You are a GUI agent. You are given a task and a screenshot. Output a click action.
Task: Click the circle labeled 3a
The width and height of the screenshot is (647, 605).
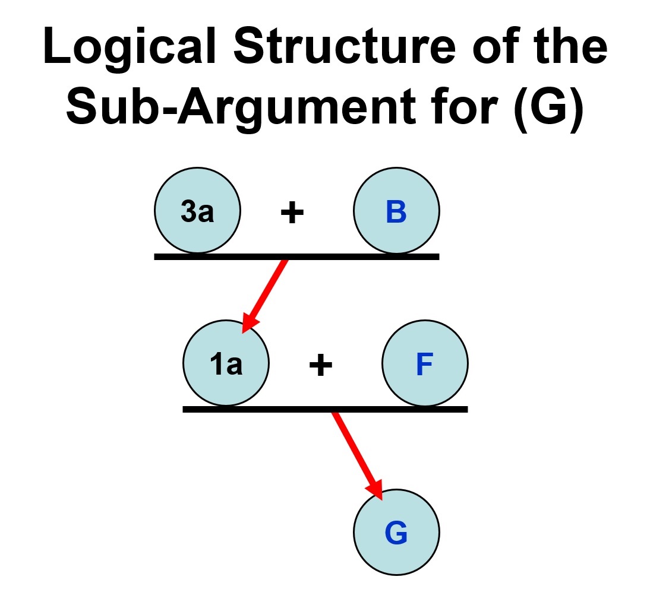(x=197, y=211)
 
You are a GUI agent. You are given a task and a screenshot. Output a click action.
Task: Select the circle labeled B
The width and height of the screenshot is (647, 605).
(x=396, y=211)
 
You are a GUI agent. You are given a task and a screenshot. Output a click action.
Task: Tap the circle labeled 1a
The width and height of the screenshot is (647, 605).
(x=226, y=363)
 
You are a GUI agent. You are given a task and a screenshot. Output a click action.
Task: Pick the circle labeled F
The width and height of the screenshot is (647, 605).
(x=425, y=363)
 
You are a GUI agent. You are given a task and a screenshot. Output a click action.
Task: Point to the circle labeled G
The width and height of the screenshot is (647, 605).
(x=396, y=532)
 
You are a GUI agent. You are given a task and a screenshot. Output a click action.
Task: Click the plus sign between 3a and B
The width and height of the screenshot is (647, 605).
(x=292, y=213)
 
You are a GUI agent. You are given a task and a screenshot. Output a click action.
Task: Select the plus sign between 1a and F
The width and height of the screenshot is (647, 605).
(x=320, y=365)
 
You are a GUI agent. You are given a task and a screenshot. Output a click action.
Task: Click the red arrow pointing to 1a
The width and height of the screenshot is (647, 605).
(x=267, y=292)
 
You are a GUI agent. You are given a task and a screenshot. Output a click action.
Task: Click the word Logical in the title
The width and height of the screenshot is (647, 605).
(x=124, y=47)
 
